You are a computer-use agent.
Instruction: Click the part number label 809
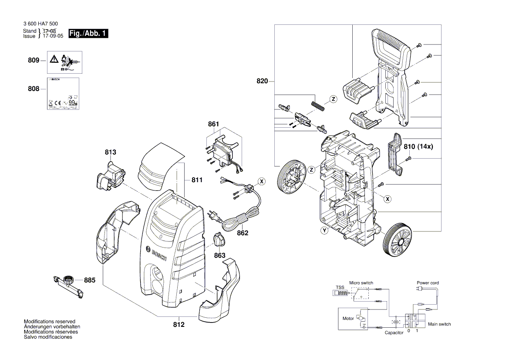pyautogui.click(x=34, y=60)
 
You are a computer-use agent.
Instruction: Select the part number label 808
pyautogui.click(x=34, y=89)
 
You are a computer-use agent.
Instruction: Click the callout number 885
pyautogui.click(x=90, y=281)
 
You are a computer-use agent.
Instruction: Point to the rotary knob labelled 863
pyautogui.click(x=219, y=239)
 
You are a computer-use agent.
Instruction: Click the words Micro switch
pyautogui.click(x=361, y=283)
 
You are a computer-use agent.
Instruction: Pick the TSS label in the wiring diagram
pyautogui.click(x=340, y=288)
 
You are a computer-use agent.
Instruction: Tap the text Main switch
pyautogui.click(x=439, y=324)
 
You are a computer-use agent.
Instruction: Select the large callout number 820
pyautogui.click(x=262, y=81)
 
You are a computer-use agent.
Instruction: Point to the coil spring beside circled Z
pyautogui.click(x=317, y=105)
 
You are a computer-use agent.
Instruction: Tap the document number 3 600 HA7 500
pyautogui.click(x=40, y=24)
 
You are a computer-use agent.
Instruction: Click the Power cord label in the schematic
pyautogui.click(x=428, y=283)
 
